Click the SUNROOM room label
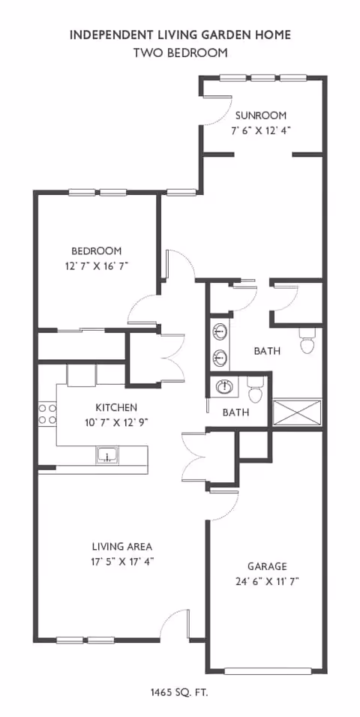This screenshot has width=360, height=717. click(261, 115)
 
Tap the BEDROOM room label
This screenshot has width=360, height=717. click(96, 251)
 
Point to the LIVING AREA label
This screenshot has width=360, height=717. click(122, 547)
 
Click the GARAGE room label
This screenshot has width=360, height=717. click(267, 566)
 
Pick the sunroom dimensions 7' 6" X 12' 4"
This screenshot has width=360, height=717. click(261, 130)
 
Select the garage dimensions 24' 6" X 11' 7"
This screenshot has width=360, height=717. click(267, 580)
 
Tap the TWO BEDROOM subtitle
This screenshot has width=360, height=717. click(180, 52)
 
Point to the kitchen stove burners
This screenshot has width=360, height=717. click(47, 414)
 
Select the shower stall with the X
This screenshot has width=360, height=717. click(297, 412)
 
